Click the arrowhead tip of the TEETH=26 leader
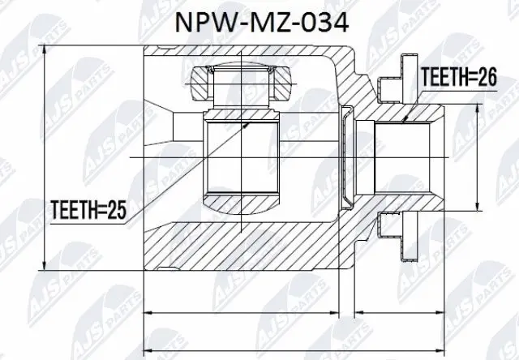coord(406,122)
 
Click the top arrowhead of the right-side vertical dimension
coord(478,104)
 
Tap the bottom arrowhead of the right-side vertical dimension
coord(478,209)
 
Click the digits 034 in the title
coord(324,22)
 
